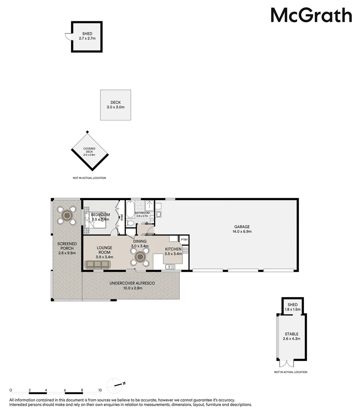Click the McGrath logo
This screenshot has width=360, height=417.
pos(311,15)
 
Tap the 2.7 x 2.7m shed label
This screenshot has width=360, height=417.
pos(87,36)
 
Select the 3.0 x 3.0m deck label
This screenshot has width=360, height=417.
pos(115,105)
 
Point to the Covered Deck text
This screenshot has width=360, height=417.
pos(89,150)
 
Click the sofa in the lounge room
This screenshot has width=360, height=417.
pos(97,264)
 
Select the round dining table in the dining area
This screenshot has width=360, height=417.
pos(140,258)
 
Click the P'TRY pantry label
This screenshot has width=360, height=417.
pos(184,240)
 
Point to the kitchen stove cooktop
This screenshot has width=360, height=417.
pos(185,250)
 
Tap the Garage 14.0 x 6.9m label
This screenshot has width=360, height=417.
pos(242,229)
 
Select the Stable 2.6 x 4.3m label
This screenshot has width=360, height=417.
pos(292,336)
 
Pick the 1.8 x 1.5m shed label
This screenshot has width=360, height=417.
pos(292,307)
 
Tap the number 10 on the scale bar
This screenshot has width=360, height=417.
pos(100,390)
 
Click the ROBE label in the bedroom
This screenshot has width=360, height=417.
pos(122,217)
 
